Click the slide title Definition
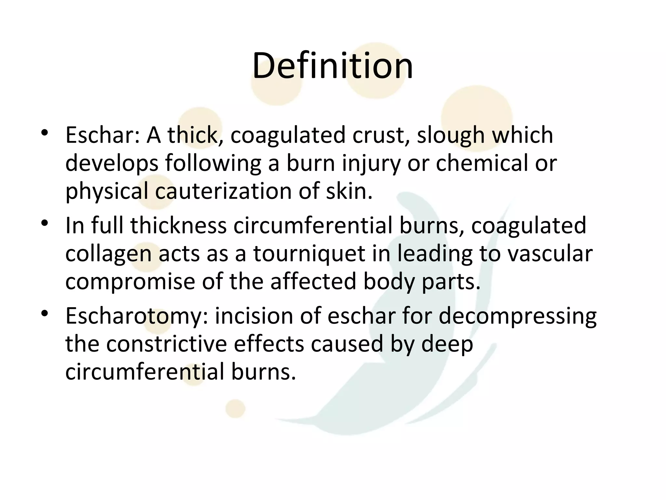[x=332, y=66]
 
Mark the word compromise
[x=130, y=282]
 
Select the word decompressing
[x=517, y=316]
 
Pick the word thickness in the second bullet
[x=179, y=226]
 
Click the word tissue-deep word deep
[x=447, y=345]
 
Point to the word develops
[x=112, y=164]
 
